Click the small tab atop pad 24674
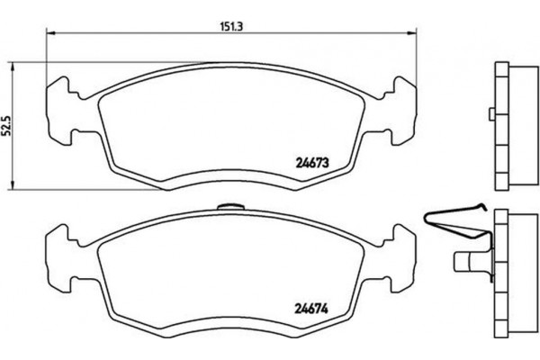(x=231, y=209)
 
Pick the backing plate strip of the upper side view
(x=499, y=126)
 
